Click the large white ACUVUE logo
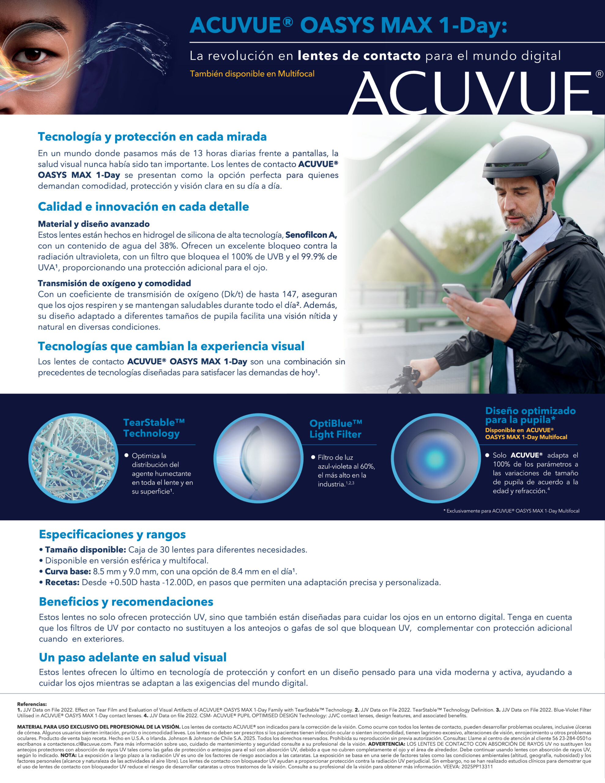tap(470, 92)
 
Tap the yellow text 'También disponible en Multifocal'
tap(252, 74)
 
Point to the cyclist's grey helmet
tap(520, 158)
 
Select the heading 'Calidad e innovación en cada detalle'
tap(143, 206)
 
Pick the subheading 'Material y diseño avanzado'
tap(94, 224)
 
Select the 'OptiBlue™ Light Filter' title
tap(335, 429)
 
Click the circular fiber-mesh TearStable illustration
tap(73, 458)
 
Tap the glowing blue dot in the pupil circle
tap(435, 458)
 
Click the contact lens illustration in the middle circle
tap(257, 459)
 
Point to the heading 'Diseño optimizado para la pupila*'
tap(530, 415)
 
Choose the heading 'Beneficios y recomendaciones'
tap(126, 602)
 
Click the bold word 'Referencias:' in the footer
tap(32, 704)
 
